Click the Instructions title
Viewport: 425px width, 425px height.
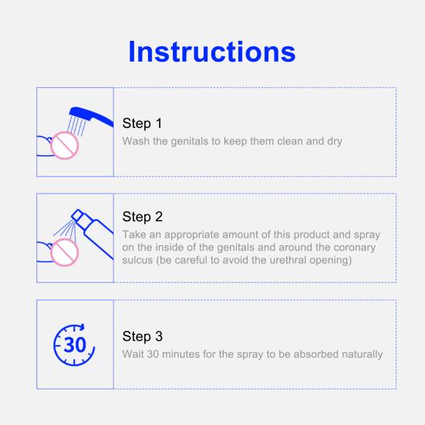(x=212, y=52)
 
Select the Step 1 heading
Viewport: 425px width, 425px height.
(x=142, y=123)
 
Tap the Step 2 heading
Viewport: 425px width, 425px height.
(x=143, y=217)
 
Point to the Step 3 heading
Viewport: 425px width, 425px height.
(x=143, y=336)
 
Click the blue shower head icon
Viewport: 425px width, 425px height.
(x=91, y=116)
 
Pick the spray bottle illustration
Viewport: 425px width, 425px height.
(x=93, y=234)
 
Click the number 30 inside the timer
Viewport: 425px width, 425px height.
(x=75, y=345)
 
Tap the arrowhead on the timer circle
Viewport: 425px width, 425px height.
(x=82, y=326)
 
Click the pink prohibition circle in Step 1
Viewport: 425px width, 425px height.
(x=65, y=146)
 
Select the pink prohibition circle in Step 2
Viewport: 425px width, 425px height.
(x=65, y=252)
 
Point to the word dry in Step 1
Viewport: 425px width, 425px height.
(x=335, y=141)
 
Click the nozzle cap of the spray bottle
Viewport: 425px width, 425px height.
(x=77, y=215)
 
